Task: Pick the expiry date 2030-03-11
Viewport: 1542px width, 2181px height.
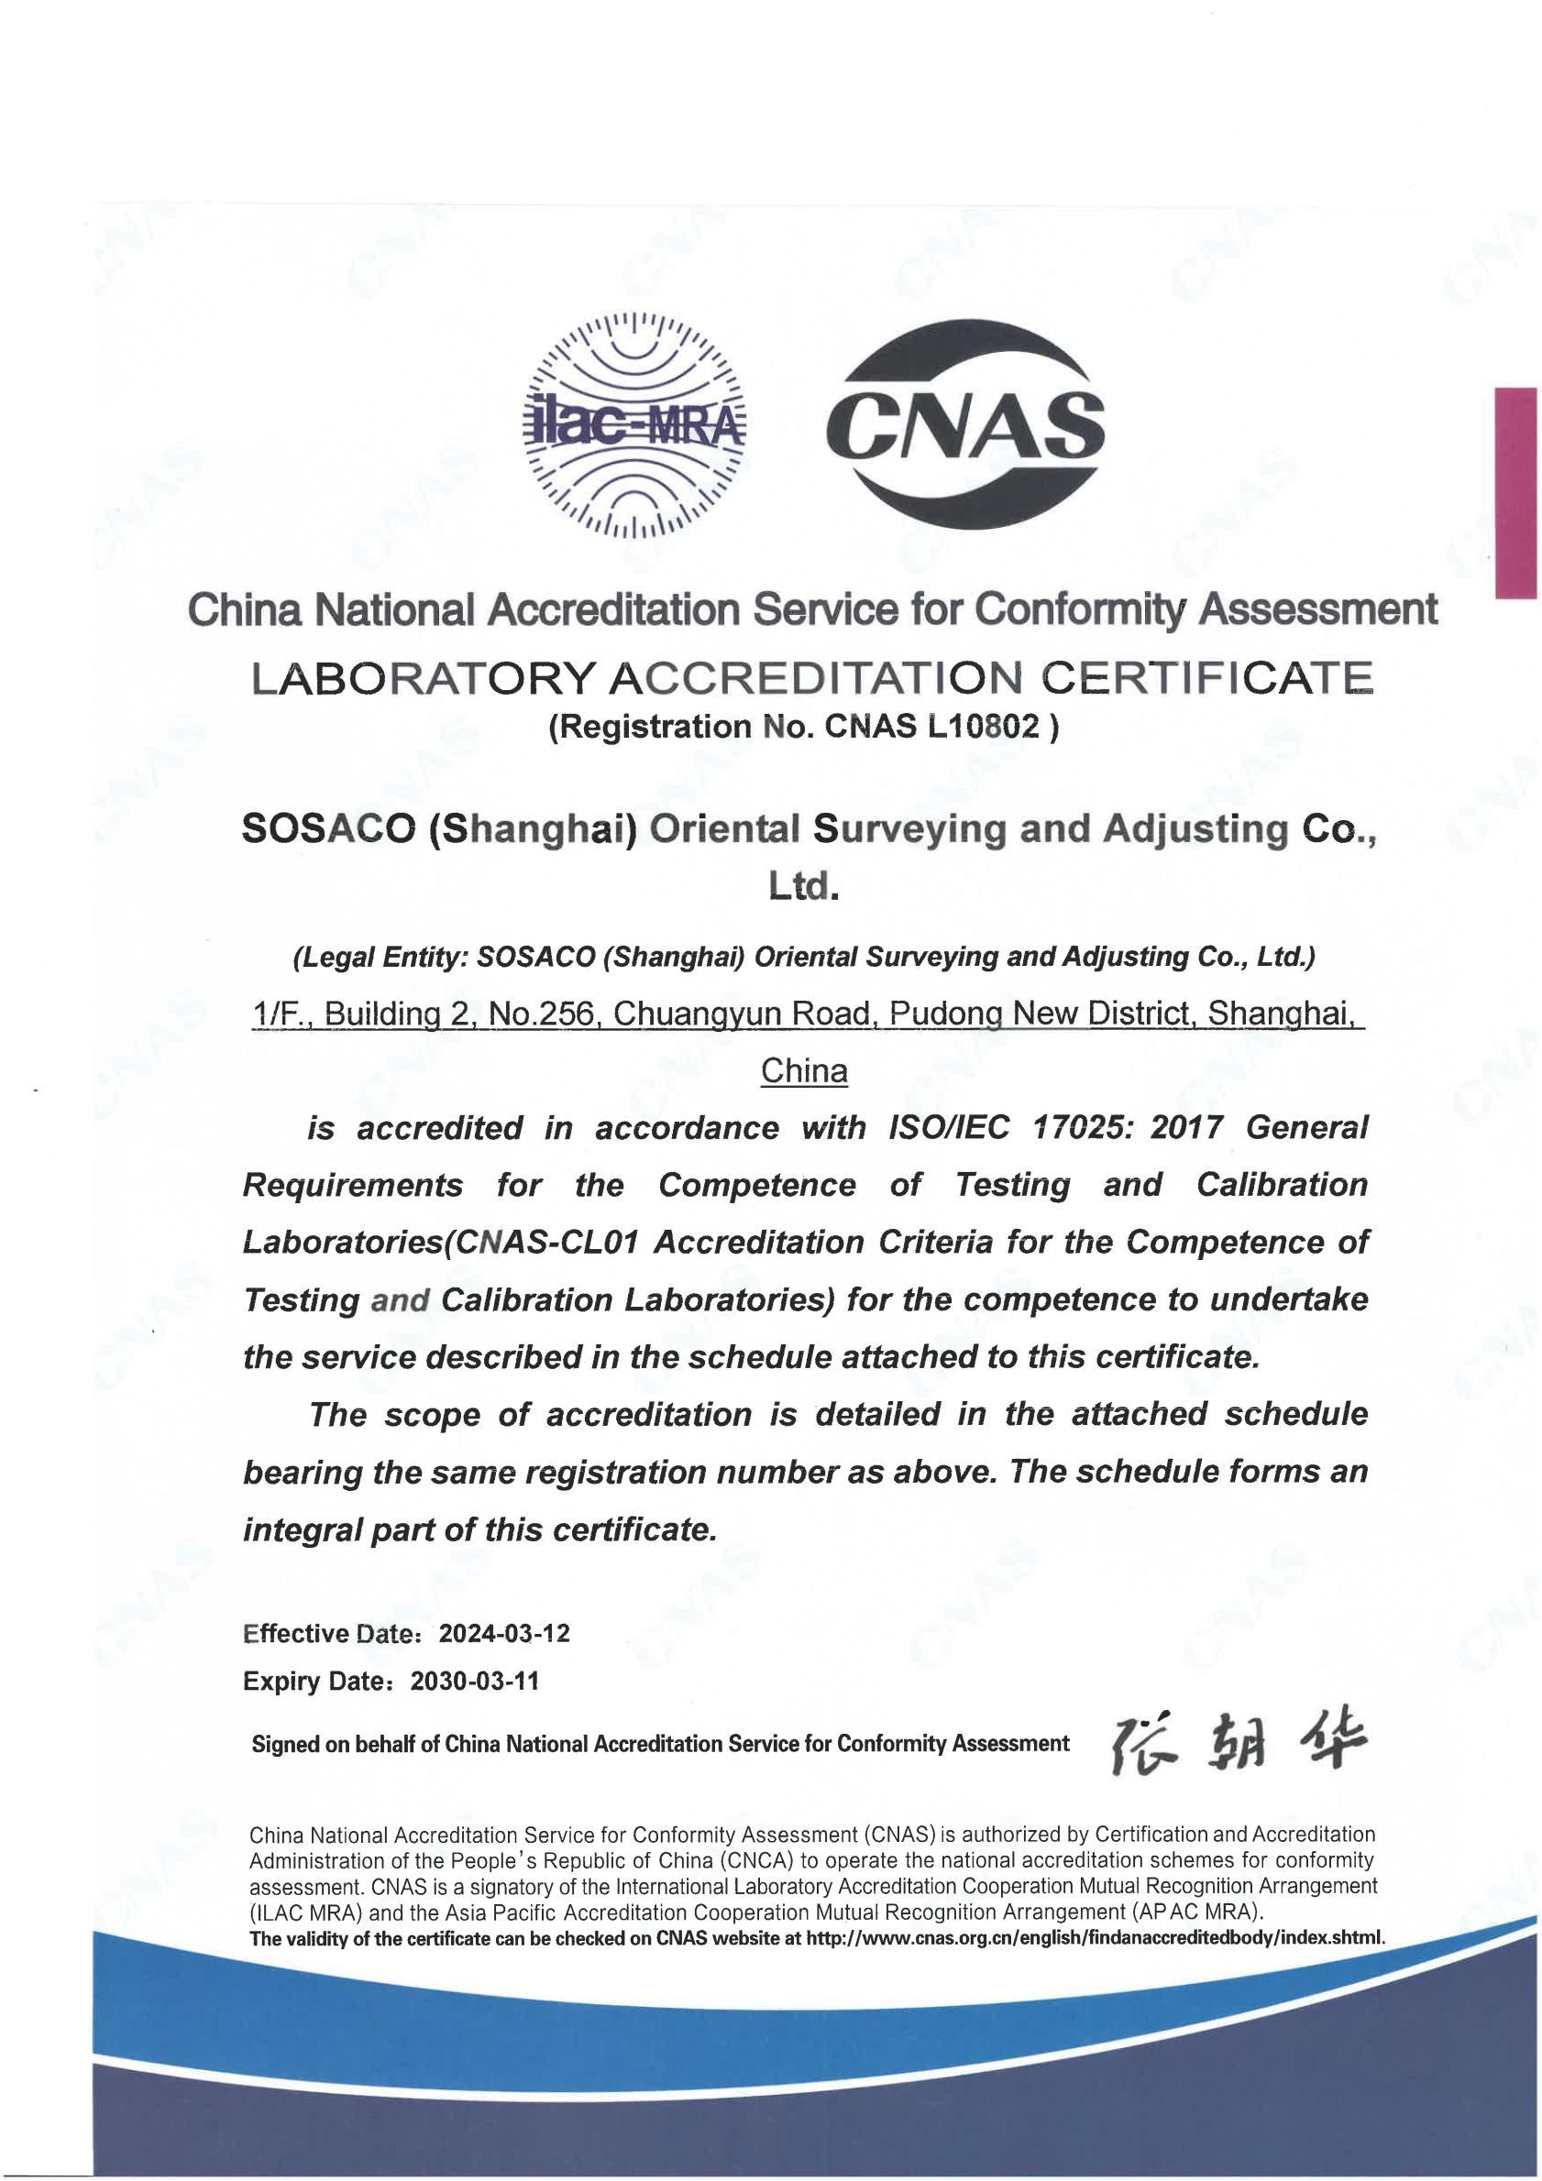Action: pyautogui.click(x=475, y=1681)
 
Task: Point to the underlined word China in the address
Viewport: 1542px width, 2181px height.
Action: pyautogui.click(x=805, y=1071)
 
